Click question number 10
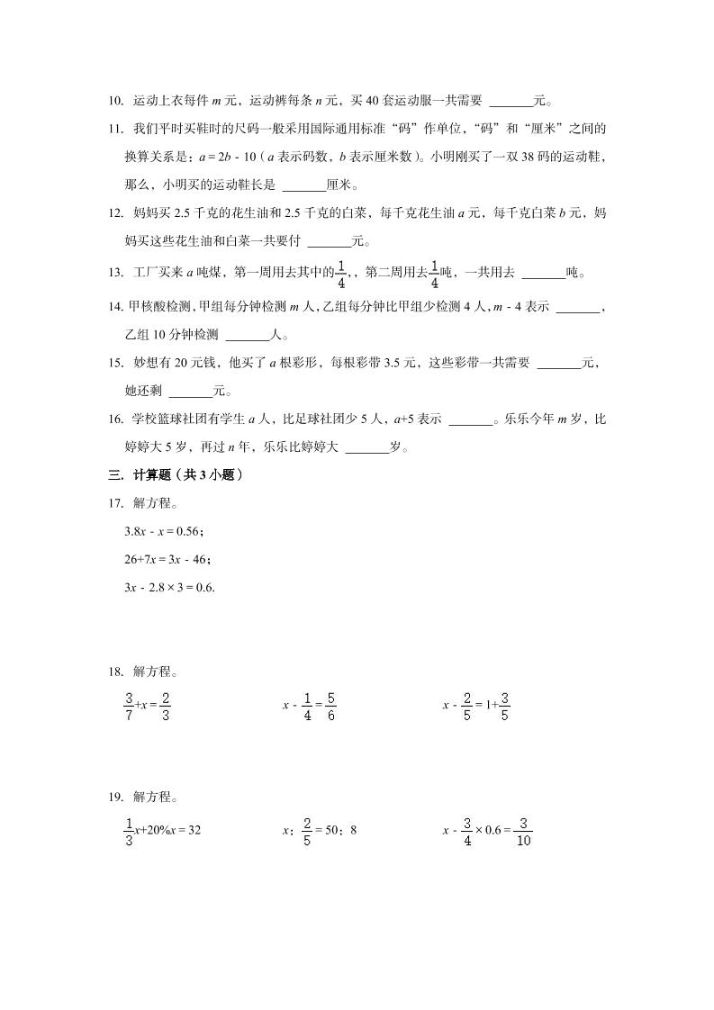tap(115, 102)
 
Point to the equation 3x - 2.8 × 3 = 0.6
tap(170, 588)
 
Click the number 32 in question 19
tap(193, 831)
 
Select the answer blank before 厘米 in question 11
tap(303, 187)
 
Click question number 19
tap(115, 797)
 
